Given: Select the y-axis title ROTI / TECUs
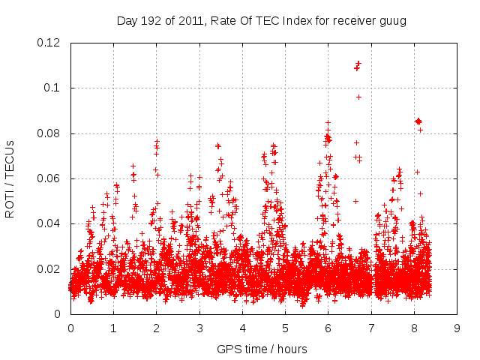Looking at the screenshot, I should click(10, 178).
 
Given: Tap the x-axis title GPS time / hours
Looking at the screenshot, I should click(262, 349).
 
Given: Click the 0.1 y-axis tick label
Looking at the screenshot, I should click(55, 88).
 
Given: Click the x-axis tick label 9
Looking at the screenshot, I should click(457, 328).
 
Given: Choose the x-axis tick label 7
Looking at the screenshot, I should click(371, 328).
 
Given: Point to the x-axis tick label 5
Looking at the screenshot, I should click(285, 328).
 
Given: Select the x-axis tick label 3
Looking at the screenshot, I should click(199, 328).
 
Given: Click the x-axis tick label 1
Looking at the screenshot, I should click(113, 328).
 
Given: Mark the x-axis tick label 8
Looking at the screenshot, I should click(414, 328).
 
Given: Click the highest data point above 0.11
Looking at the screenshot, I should click(358, 63).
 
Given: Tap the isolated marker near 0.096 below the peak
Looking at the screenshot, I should click(358, 97).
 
